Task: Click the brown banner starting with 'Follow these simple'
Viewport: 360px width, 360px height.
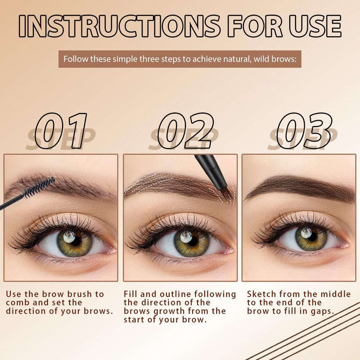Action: (x=180, y=59)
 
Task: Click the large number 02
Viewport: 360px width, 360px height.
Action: (x=185, y=130)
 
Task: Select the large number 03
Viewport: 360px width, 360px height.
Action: (x=305, y=130)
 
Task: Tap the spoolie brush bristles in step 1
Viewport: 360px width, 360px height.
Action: (x=39, y=187)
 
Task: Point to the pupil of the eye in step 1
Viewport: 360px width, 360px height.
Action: (x=76, y=241)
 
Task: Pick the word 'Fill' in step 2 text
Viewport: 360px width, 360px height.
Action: (x=130, y=294)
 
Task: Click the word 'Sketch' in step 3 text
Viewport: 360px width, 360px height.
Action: (x=261, y=294)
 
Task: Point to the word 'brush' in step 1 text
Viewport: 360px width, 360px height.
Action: (x=80, y=294)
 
